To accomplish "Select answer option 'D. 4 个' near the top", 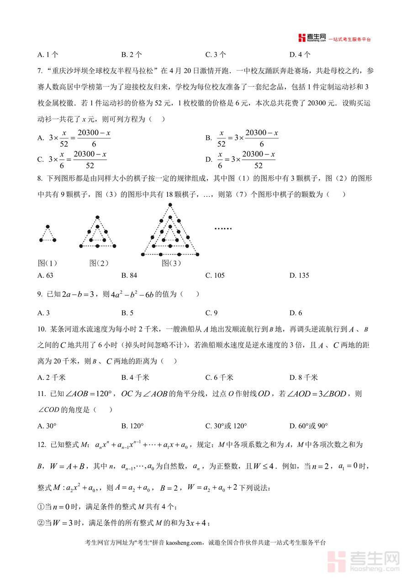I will (x=300, y=54).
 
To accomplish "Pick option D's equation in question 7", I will (x=247, y=160).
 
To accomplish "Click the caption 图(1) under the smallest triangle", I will (x=47, y=263).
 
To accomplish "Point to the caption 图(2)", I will (x=99, y=263).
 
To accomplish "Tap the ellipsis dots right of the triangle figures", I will (x=223, y=228).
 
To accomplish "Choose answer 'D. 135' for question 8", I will (x=299, y=275).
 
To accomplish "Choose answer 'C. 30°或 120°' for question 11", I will (x=226, y=426).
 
